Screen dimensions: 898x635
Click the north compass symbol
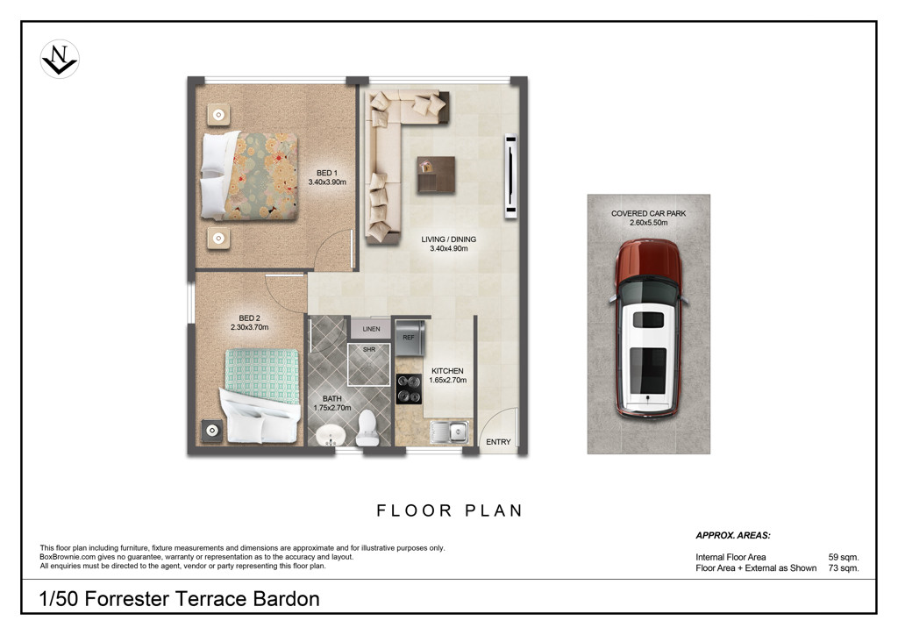tap(60, 59)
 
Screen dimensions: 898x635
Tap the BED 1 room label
tap(327, 173)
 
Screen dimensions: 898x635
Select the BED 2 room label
tap(250, 318)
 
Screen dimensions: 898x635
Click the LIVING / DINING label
tap(448, 239)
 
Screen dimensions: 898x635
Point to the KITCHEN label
tap(447, 371)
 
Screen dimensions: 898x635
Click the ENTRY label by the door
tap(498, 442)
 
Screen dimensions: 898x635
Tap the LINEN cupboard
tap(371, 329)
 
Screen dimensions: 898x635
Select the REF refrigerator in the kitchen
tap(410, 338)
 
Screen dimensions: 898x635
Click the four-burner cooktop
tap(409, 389)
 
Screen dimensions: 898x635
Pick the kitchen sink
tap(450, 432)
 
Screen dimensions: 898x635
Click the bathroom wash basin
tap(331, 436)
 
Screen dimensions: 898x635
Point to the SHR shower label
tap(369, 349)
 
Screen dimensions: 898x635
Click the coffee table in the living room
tap(436, 175)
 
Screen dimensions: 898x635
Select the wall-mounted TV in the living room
tap(510, 176)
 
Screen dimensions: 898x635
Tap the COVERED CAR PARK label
tap(648, 214)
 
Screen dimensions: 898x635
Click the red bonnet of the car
tap(648, 260)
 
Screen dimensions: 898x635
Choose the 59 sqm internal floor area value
tap(844, 557)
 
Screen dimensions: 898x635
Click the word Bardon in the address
tap(287, 599)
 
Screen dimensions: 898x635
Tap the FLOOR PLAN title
tap(450, 510)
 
